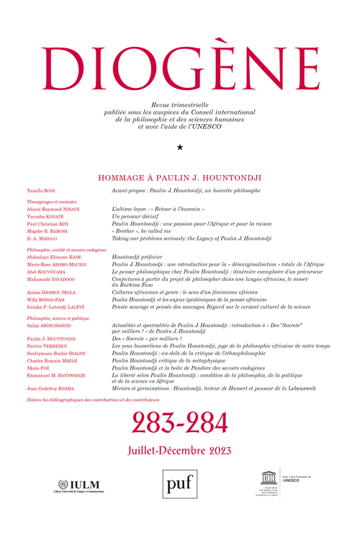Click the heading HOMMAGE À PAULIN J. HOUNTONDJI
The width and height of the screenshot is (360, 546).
[179, 176]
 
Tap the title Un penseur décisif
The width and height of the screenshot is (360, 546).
[135, 216]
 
